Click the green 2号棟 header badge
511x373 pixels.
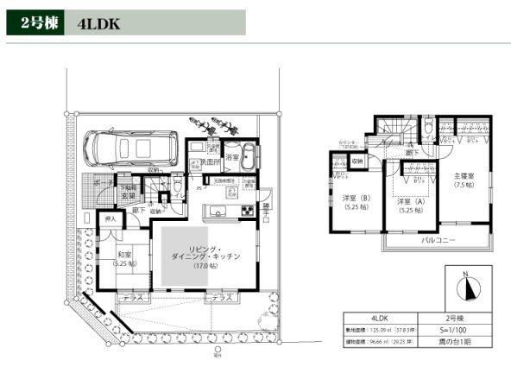[38, 23]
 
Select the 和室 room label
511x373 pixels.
[124, 254]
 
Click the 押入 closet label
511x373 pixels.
[110, 220]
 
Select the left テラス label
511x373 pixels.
[133, 297]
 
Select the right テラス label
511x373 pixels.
[221, 297]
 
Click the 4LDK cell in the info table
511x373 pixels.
[380, 317]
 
